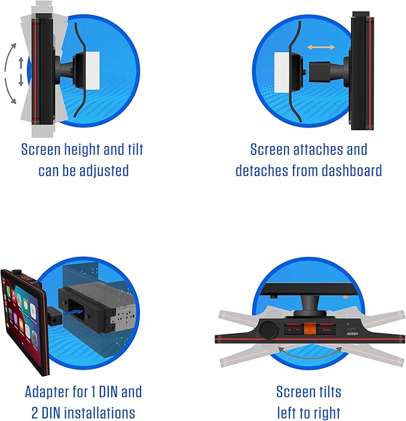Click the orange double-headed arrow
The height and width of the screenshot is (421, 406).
320,47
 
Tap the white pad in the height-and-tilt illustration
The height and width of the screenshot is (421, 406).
93,71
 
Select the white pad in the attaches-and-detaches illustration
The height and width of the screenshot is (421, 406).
282,72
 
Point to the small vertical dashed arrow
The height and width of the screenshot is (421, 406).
21,71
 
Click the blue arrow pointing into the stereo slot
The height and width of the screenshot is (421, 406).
73,312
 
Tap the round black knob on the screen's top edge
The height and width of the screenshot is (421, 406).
268,330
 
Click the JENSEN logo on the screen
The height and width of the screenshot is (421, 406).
352,334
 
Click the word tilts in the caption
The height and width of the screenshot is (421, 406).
328,392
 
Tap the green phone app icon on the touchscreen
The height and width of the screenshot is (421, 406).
8,292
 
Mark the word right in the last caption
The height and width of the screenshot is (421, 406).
325,413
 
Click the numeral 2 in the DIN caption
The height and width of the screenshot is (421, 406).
35,413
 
